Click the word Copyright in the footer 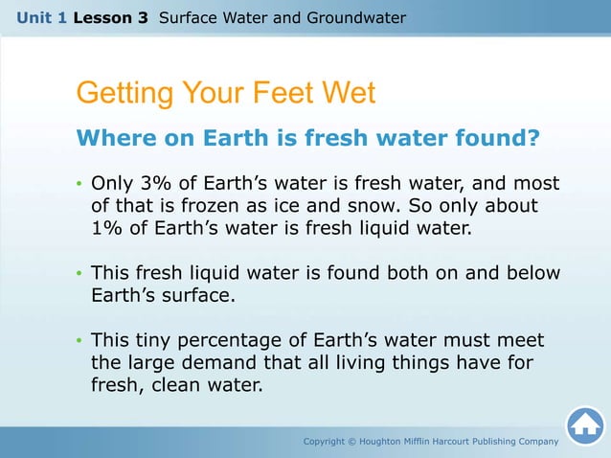tap(328, 442)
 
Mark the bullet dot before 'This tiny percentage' tap(79, 342)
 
